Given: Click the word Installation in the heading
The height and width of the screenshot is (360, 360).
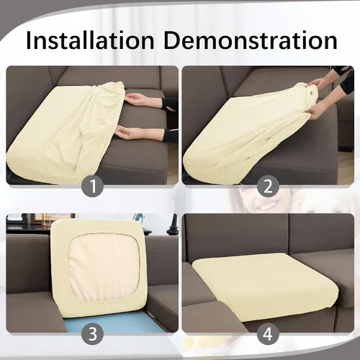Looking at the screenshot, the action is tap(90, 40).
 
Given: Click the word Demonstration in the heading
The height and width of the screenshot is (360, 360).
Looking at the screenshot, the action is tap(251, 40).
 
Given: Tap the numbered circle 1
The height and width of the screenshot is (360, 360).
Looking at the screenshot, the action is tap(93, 186).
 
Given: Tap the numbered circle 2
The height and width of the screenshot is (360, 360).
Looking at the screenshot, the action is tap(268, 186).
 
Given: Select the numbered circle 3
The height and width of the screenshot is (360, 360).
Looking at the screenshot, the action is tap(93, 333).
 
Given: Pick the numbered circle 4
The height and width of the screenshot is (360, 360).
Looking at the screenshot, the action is tap(268, 333).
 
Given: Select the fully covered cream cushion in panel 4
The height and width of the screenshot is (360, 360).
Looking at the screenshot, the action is tap(265, 287).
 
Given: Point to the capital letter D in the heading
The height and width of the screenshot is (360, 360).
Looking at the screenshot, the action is tap(174, 41).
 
